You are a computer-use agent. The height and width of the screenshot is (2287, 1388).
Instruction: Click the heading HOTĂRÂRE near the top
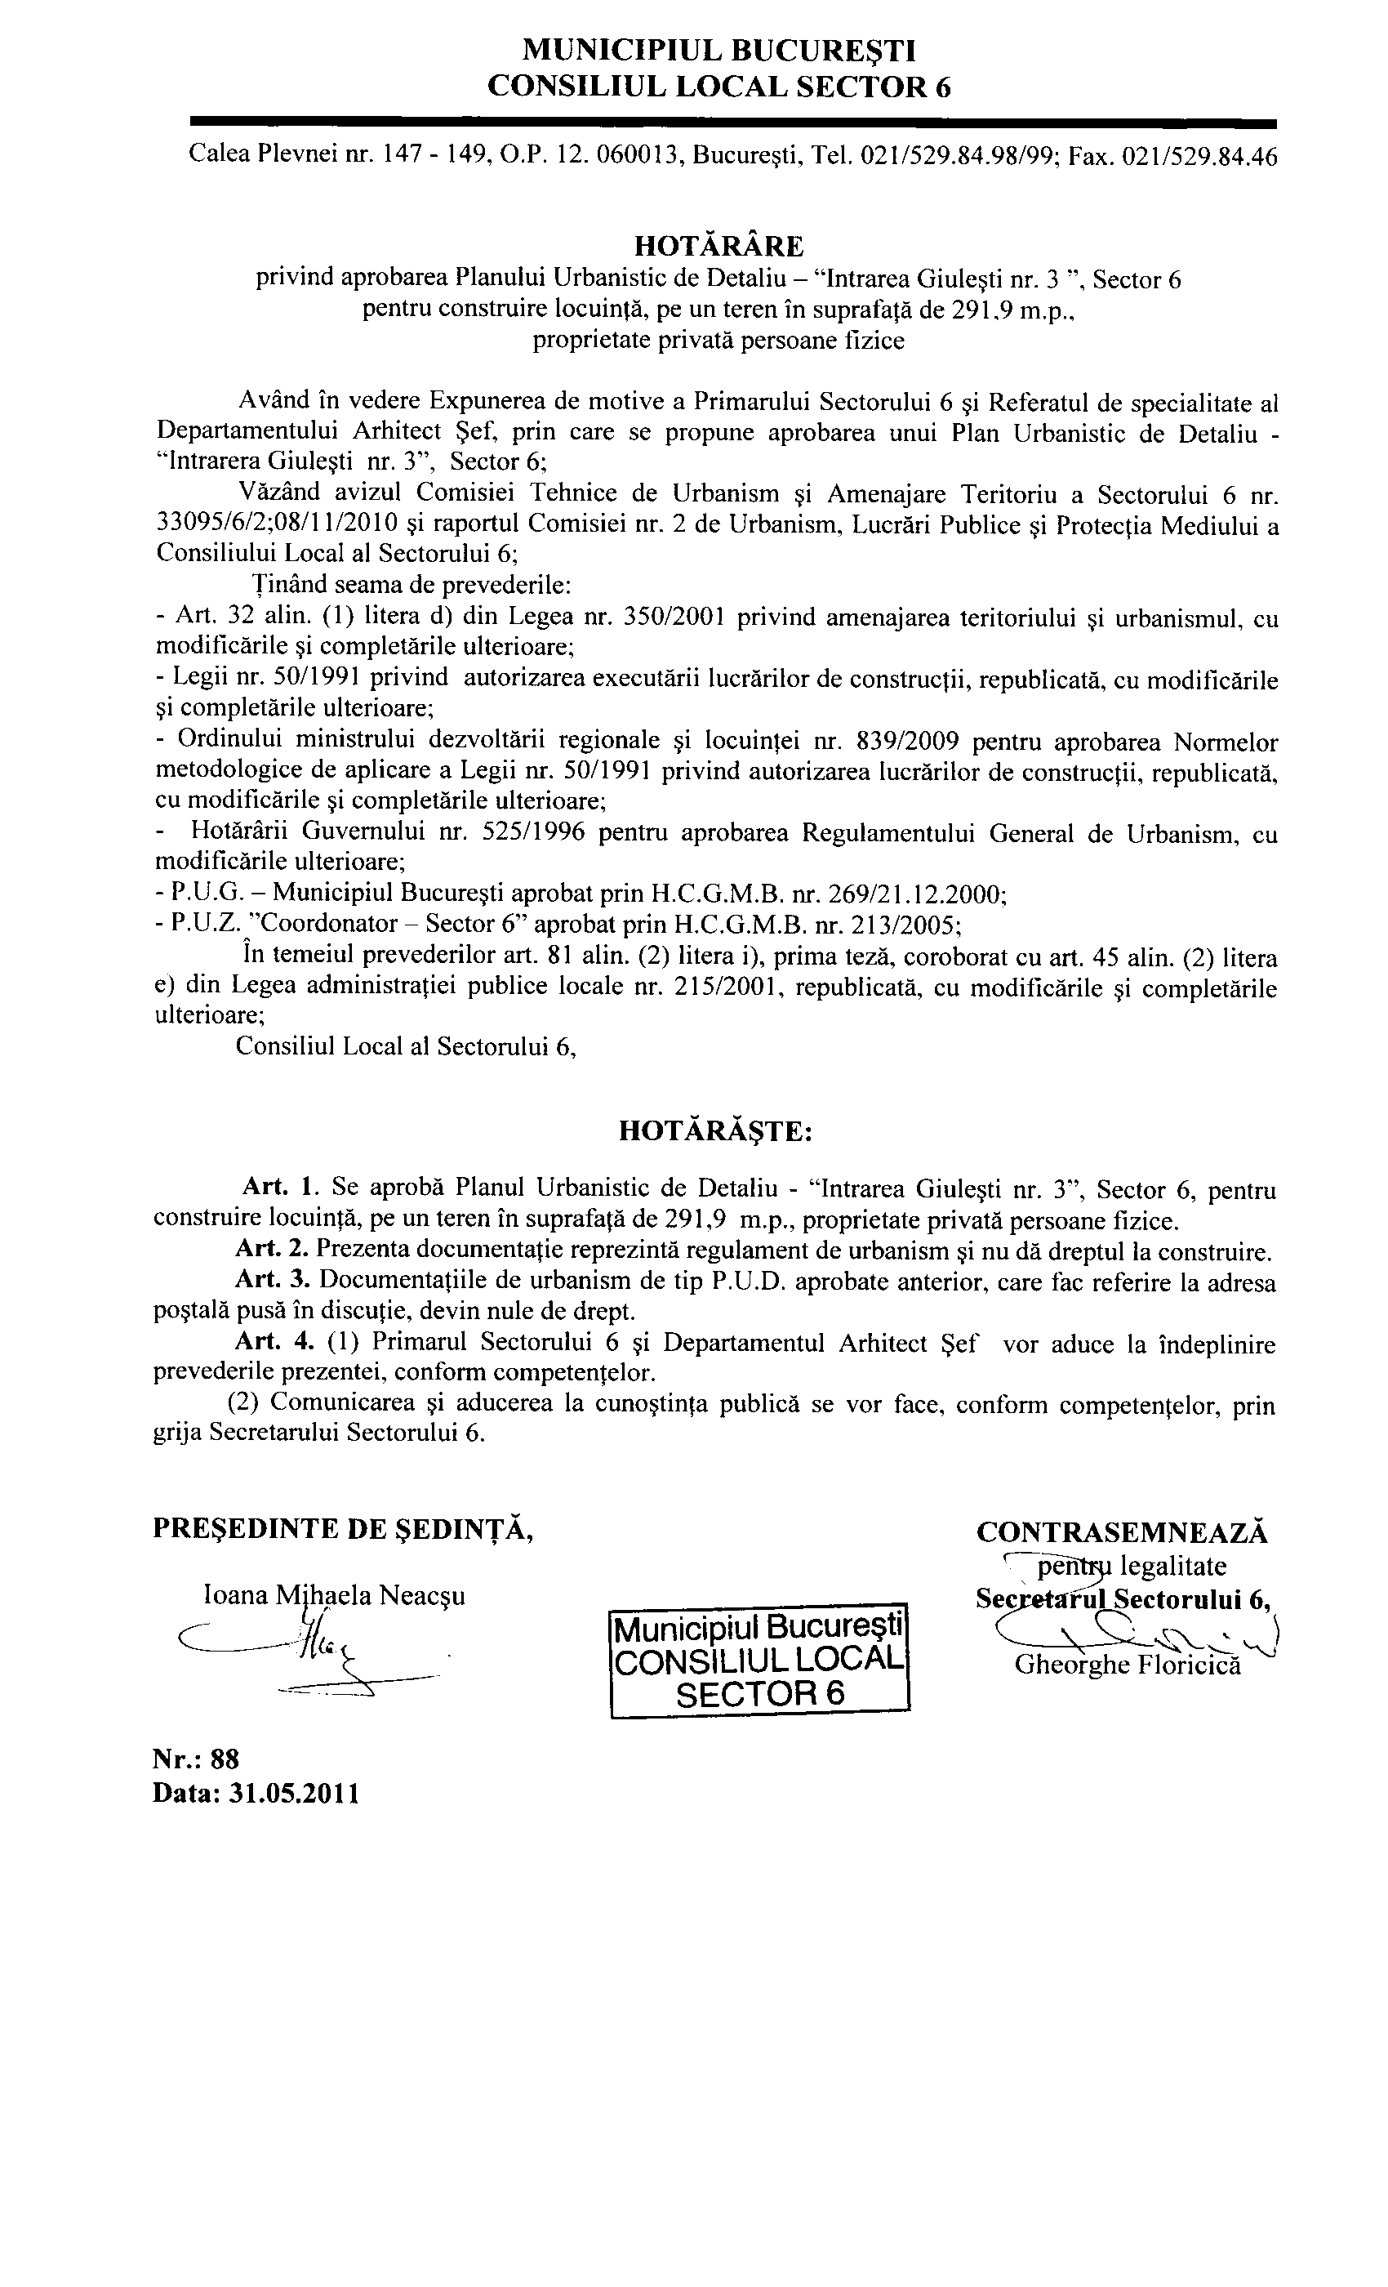[x=718, y=246]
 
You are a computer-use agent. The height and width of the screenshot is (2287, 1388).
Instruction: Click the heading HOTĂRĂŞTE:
[x=715, y=1131]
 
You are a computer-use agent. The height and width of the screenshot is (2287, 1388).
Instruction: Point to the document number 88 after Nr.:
[x=225, y=1759]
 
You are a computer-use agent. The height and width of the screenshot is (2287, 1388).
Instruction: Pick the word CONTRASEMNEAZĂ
[x=1122, y=1531]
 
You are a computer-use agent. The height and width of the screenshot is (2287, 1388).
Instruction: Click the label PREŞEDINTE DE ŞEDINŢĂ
[x=342, y=1529]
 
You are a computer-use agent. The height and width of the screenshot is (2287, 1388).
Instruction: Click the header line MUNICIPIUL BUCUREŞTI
[x=719, y=49]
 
